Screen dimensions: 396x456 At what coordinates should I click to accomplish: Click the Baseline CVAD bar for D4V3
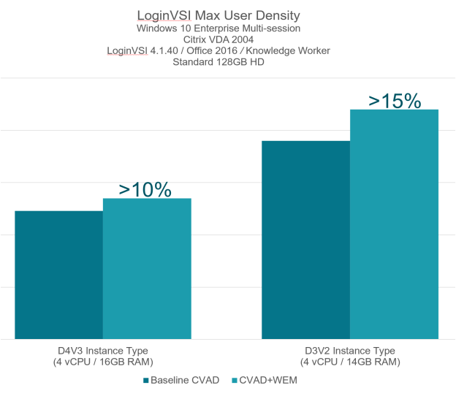pos(58,275)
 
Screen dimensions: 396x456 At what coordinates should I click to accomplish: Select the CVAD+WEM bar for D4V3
pos(147,269)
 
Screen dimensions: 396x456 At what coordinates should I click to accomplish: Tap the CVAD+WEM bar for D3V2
pos(394,224)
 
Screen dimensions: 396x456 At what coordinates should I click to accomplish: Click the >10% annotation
pos(145,189)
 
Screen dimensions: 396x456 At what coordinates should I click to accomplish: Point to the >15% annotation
pos(395,100)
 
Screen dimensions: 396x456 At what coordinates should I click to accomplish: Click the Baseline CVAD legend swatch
pos(146,381)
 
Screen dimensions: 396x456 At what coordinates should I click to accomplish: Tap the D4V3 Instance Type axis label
pos(102,351)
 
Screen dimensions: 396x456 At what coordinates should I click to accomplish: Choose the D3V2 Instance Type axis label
pos(350,351)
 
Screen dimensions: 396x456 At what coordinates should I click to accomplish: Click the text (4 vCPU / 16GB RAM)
pos(102,362)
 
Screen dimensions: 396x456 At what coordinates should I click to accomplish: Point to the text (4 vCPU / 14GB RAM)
pos(350,362)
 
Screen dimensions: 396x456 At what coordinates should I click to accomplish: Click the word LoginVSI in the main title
pos(162,15)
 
